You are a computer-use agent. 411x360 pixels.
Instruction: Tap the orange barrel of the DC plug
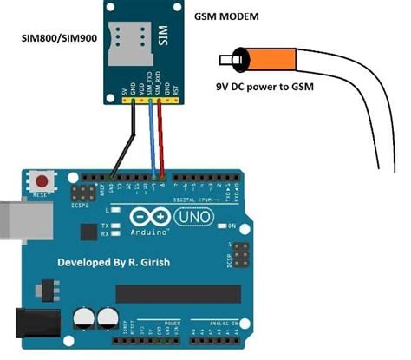point(260,62)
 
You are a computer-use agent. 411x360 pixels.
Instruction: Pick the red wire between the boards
point(162,139)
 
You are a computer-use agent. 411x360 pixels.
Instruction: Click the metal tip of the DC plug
point(226,62)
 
